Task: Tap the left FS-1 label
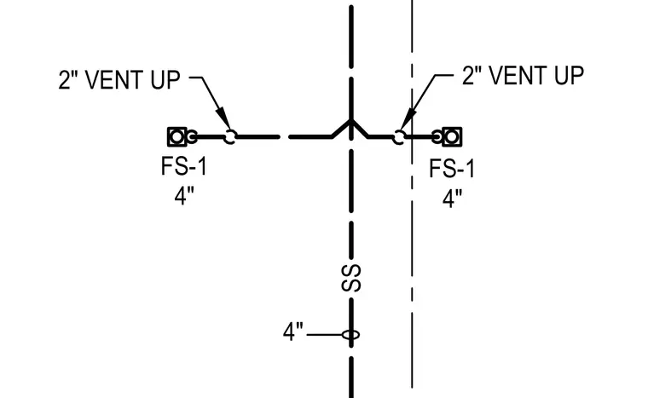(184, 166)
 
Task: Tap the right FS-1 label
(452, 169)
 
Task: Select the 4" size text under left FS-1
(184, 196)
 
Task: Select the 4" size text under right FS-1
(452, 199)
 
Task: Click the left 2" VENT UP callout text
(119, 80)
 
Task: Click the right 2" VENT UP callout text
(523, 76)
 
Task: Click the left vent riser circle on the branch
(230, 137)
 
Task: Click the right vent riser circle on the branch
(399, 137)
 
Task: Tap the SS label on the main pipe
(351, 279)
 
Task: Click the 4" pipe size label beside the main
(293, 332)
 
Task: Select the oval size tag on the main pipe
(351, 334)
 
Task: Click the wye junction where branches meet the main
(351, 121)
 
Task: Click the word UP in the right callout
(569, 76)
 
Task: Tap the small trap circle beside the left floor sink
(192, 137)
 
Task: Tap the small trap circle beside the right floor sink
(437, 137)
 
